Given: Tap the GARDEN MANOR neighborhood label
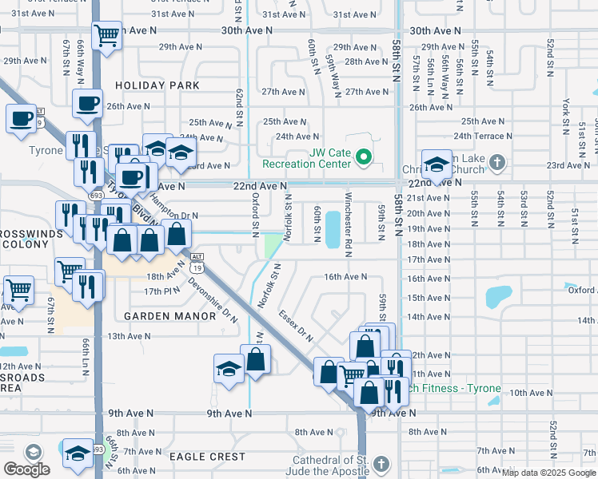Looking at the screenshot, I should click(170, 316).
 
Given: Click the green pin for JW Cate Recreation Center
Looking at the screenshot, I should click(364, 157).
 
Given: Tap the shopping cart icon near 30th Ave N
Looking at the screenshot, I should click(106, 34).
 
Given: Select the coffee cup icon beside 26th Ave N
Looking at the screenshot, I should click(87, 103).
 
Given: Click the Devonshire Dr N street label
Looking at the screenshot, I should click(213, 299).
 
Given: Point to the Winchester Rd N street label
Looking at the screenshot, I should click(349, 219).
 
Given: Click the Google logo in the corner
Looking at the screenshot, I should click(26, 469).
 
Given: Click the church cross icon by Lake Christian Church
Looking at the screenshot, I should click(496, 163).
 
